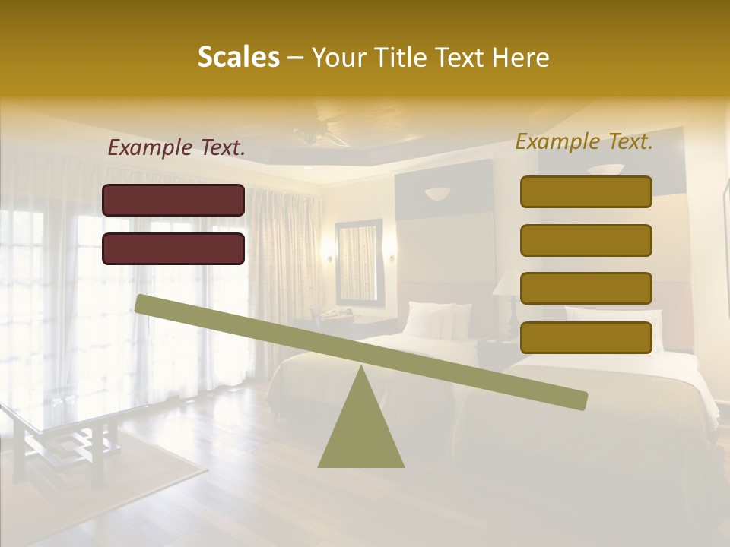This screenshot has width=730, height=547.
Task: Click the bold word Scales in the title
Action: (238, 57)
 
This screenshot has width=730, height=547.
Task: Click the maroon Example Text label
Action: (176, 148)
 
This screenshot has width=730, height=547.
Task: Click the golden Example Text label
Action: (584, 141)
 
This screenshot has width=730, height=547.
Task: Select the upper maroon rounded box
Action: (173, 200)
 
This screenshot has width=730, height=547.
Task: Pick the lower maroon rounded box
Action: (173, 248)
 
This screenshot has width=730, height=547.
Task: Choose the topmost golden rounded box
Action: (586, 191)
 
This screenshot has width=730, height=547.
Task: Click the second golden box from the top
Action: (586, 240)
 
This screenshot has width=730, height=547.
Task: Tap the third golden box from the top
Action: (586, 289)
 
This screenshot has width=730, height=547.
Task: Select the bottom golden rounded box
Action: (586, 337)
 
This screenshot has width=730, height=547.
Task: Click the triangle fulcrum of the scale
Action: (360, 433)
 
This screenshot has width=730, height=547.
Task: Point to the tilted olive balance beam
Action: (360, 352)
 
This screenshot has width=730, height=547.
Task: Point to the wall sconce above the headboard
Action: (437, 194)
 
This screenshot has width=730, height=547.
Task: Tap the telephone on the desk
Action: (342, 311)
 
